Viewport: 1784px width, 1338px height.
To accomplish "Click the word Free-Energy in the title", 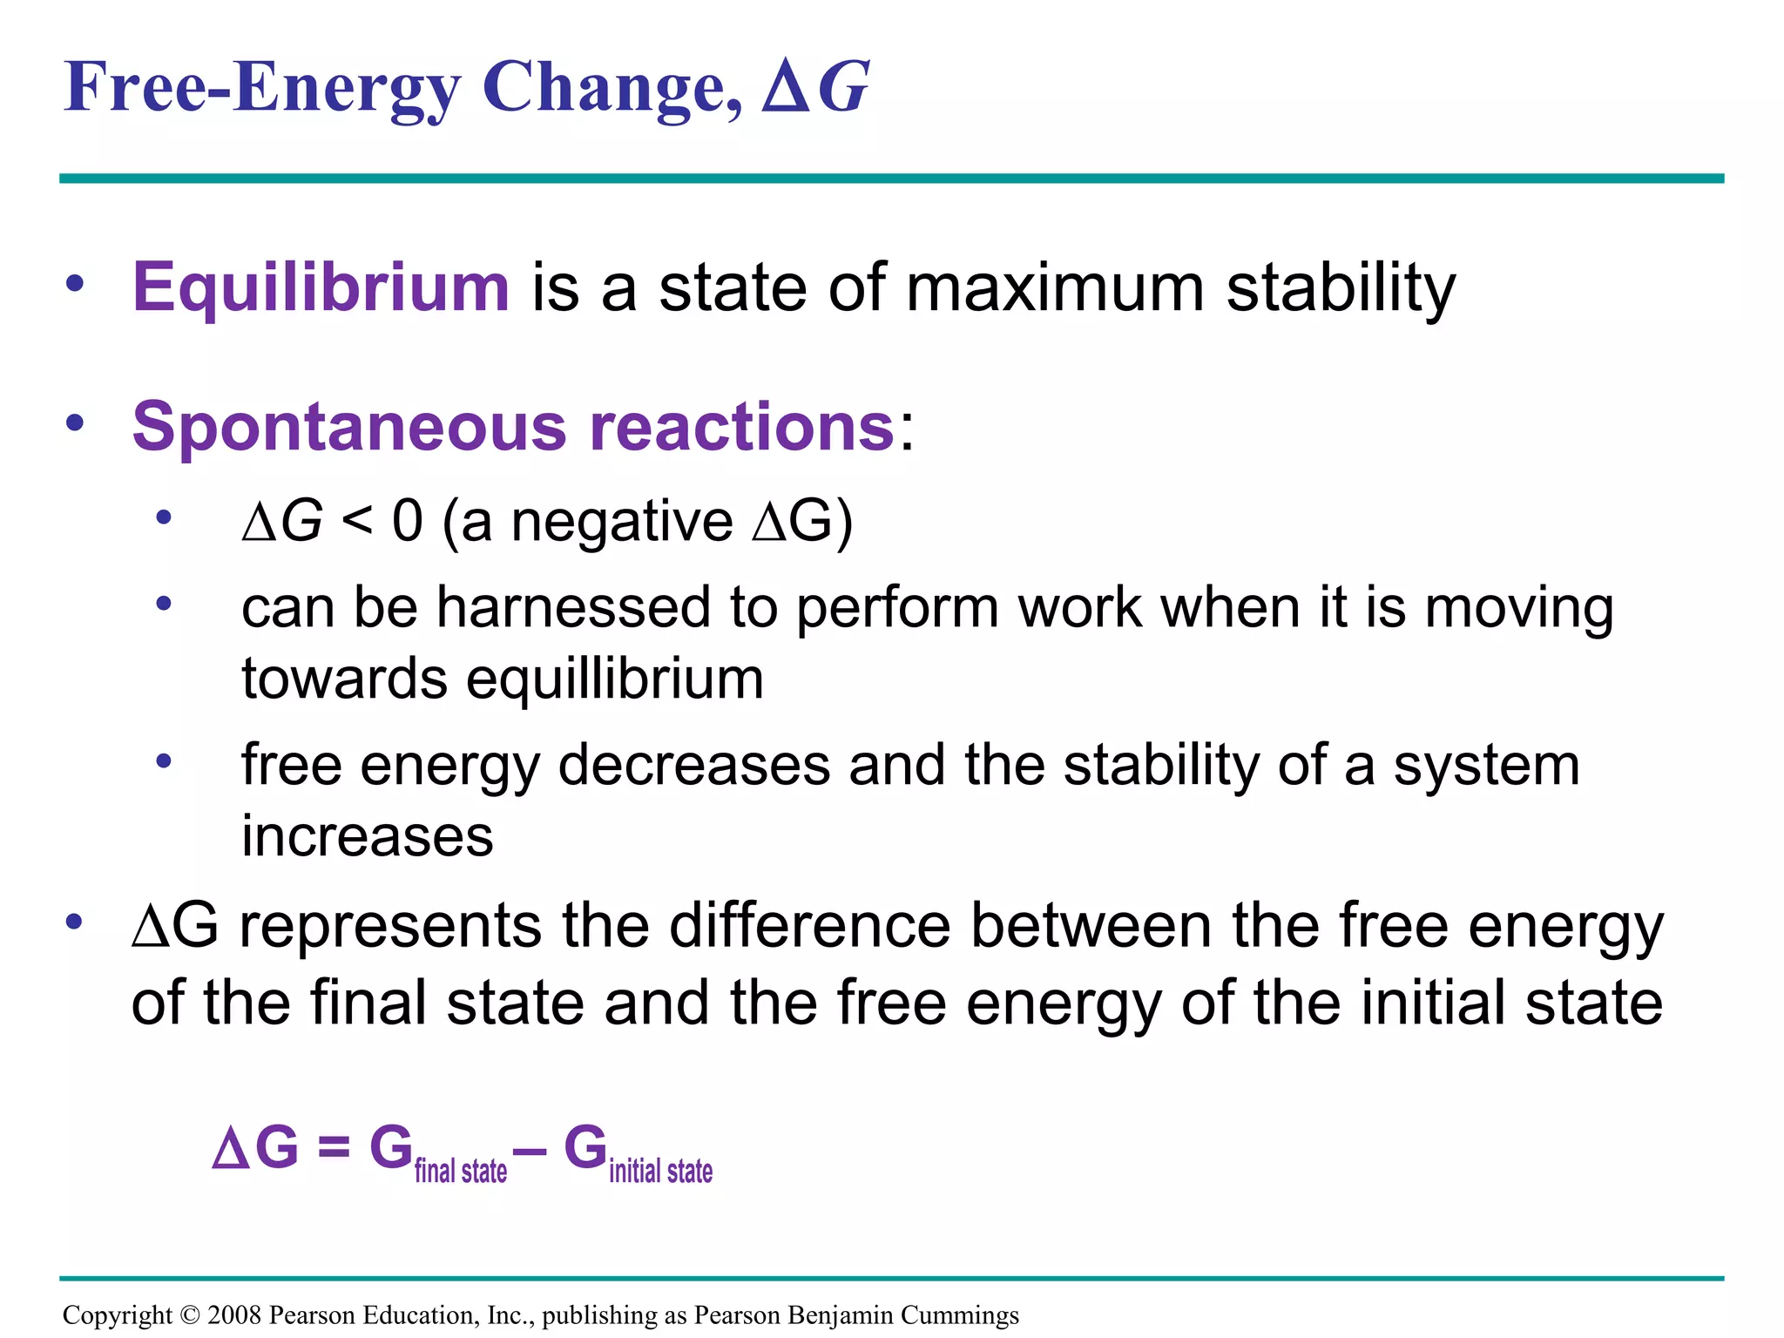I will [x=261, y=89].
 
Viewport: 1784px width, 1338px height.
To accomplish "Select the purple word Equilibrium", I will [x=320, y=287].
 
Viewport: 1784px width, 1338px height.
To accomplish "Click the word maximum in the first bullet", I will [x=1055, y=287].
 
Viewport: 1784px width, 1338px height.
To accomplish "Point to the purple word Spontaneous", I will [x=349, y=428].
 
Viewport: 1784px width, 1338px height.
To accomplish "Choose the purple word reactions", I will [x=741, y=428].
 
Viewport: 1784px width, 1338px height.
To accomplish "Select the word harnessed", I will [x=573, y=607].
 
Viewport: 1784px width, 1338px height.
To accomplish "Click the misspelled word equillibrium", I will [x=614, y=679].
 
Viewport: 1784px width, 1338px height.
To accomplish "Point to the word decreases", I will [x=693, y=766].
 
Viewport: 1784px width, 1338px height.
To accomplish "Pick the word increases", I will [x=367, y=837].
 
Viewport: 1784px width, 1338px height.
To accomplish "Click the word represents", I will [x=389, y=926].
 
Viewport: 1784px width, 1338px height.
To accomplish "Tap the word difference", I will [x=809, y=926].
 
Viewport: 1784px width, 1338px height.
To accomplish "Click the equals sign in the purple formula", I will [x=334, y=1148].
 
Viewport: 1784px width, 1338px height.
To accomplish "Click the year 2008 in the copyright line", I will [x=234, y=1315].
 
